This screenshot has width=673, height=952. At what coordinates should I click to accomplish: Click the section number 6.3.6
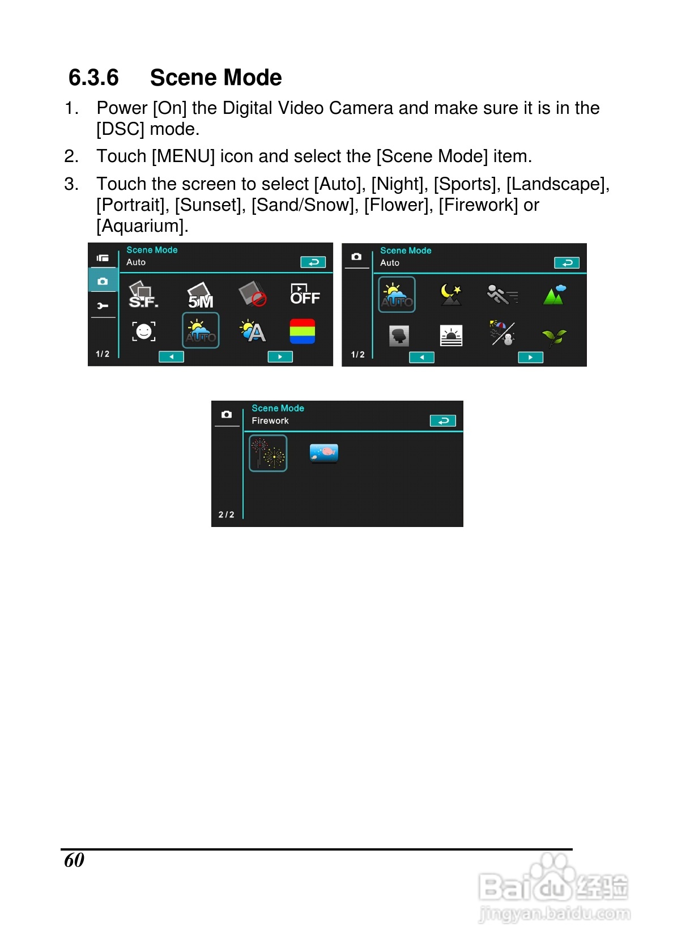coord(93,78)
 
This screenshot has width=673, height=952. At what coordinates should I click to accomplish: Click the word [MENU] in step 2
coord(184,156)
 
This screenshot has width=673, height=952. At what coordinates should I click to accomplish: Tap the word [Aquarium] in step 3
coord(141,226)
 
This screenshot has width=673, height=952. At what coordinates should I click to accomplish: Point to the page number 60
coord(74,860)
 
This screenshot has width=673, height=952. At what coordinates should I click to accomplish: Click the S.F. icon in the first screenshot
coord(143,295)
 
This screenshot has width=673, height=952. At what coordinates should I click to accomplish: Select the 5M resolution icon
coord(201,296)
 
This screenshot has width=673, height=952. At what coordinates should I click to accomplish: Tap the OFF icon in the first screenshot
coord(305,295)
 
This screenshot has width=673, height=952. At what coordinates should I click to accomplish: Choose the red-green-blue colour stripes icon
coord(302,331)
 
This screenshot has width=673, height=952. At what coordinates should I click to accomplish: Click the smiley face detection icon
coord(143,331)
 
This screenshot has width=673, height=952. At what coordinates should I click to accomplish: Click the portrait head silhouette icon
coord(399,336)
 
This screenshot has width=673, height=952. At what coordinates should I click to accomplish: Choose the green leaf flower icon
coord(554,337)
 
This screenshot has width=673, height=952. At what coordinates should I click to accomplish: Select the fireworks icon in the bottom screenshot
coord(268,453)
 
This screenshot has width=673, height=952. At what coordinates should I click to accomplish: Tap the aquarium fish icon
coord(324,452)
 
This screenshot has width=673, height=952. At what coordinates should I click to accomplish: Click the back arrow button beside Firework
coord(443,420)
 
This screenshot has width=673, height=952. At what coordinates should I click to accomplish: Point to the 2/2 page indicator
coord(226,515)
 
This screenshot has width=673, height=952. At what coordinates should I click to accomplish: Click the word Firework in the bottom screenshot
coord(270,420)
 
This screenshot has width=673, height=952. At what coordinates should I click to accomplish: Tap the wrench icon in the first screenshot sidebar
coord(103,306)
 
